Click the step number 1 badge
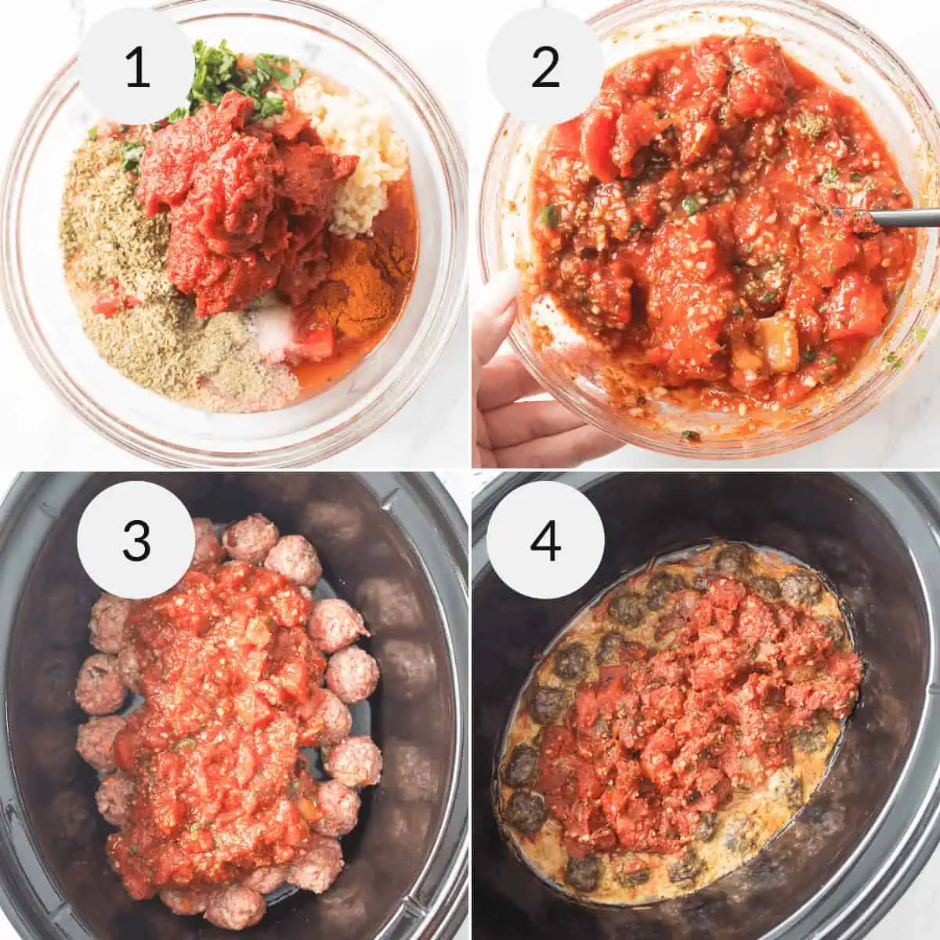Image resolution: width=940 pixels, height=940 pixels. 137,66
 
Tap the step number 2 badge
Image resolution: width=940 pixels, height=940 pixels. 545,66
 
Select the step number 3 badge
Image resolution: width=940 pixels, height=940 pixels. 136,539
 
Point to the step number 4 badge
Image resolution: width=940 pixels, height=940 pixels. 545,539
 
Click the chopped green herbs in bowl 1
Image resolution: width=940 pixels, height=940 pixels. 235,78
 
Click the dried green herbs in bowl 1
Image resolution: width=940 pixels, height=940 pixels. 117,235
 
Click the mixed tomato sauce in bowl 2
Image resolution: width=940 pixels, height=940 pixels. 705,235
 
